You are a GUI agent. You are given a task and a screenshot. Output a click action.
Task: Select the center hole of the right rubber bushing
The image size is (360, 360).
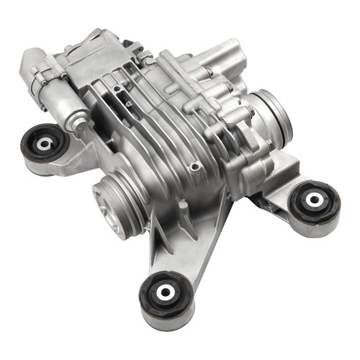(315, 199)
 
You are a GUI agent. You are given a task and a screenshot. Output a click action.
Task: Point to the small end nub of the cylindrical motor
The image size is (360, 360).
(75, 125)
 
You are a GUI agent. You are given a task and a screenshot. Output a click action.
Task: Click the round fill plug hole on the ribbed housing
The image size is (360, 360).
(192, 167)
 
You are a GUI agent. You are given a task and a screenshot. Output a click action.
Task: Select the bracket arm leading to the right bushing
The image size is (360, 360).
(284, 184)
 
